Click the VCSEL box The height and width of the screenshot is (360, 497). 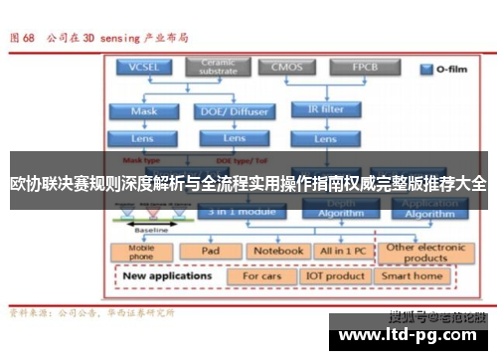144,68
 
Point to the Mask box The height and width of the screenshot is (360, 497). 144,111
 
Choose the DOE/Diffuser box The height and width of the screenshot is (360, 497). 221,111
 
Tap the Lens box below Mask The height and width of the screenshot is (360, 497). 144,138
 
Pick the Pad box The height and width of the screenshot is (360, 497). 211,252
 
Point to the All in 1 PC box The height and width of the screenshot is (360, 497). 342,252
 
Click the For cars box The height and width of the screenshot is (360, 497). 263,275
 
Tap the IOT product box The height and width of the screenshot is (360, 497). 336,275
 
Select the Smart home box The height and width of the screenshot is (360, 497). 413,275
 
